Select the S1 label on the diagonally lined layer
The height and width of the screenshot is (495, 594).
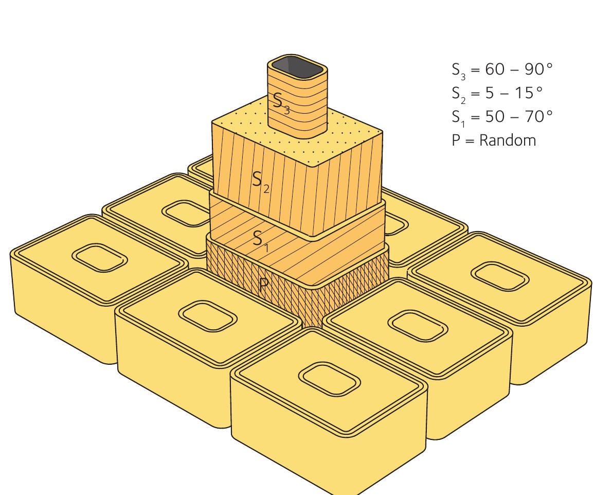pos(260,239)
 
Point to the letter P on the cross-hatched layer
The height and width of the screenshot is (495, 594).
pos(263,285)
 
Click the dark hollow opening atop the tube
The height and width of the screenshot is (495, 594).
pos(297,66)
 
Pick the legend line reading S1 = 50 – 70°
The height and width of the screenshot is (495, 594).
pos(501,117)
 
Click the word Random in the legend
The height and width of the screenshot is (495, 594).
pos(507,140)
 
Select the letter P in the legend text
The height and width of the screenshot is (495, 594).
pos(456,140)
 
